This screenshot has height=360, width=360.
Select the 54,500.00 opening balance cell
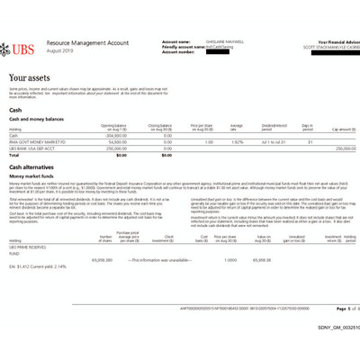(116, 141)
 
